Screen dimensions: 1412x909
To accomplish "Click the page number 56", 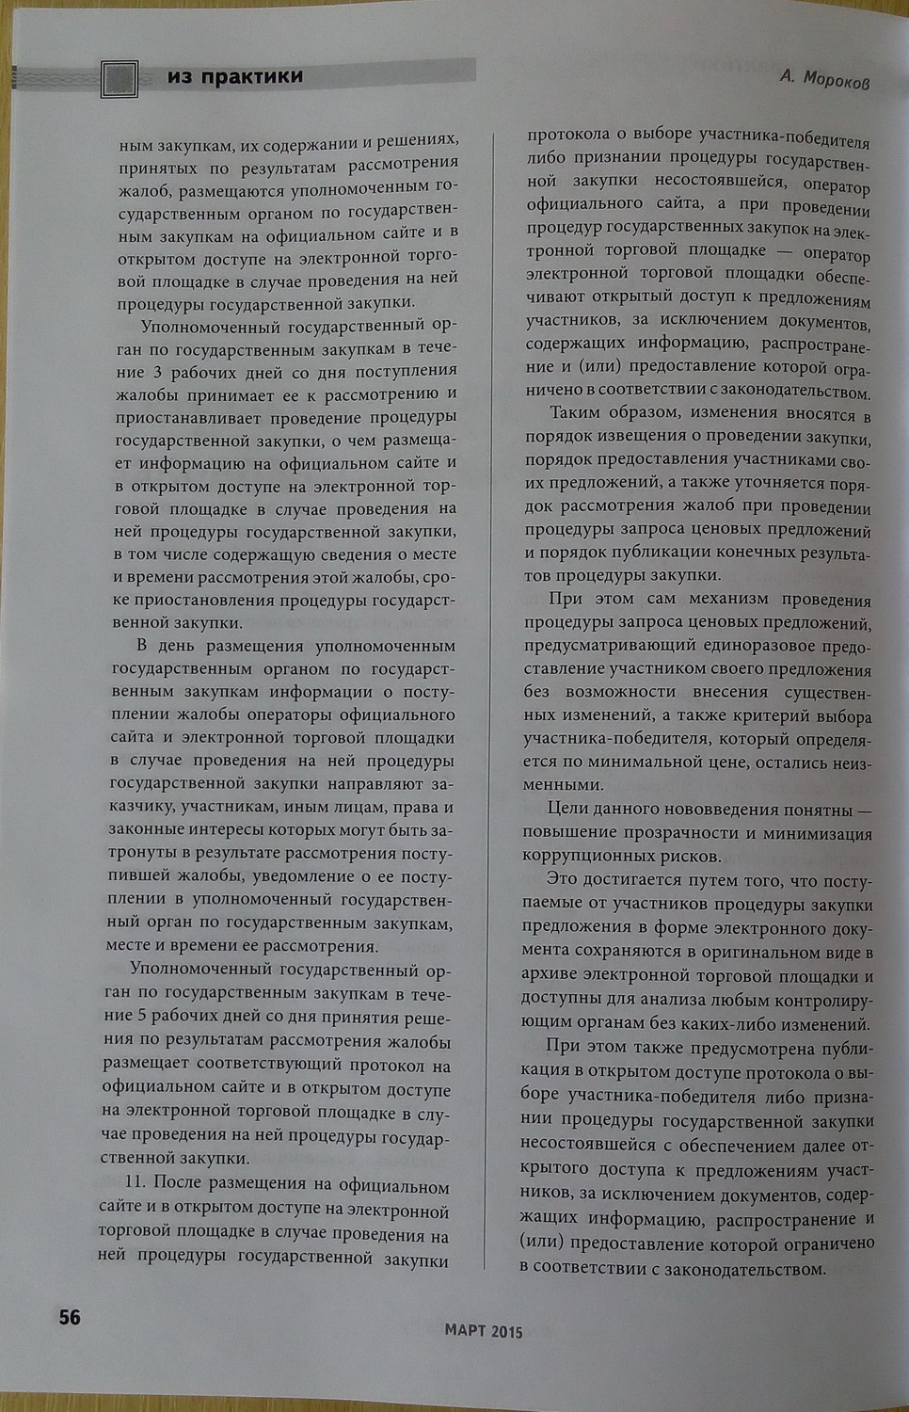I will tap(70, 1317).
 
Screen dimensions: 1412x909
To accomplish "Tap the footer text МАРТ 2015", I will tap(483, 1331).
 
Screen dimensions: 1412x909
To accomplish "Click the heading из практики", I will tap(235, 76).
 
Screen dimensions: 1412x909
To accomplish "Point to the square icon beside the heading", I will tap(120, 79).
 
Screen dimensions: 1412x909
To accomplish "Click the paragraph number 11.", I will tap(136, 1182).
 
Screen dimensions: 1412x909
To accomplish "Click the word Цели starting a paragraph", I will tap(568, 809).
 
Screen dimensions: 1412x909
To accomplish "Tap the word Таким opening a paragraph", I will tap(576, 412).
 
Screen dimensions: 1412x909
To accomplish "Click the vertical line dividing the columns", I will tap(489, 697).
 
